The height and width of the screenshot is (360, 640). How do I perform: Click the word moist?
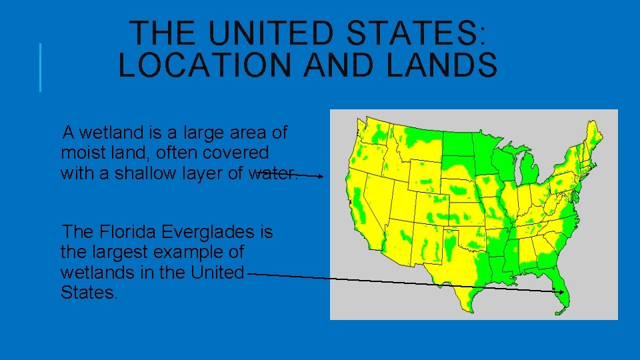[81, 153]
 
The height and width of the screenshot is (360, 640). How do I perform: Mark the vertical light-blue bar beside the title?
[40, 67]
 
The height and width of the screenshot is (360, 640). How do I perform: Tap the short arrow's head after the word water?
[321, 177]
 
